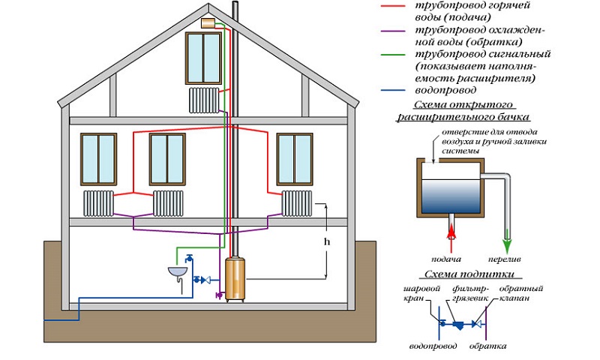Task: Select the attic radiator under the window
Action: click(204, 98)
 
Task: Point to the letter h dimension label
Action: click(326, 243)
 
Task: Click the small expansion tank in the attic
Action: click(208, 24)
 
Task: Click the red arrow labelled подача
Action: click(451, 229)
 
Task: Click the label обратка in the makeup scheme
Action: click(487, 346)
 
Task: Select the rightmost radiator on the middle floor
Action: click(297, 201)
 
